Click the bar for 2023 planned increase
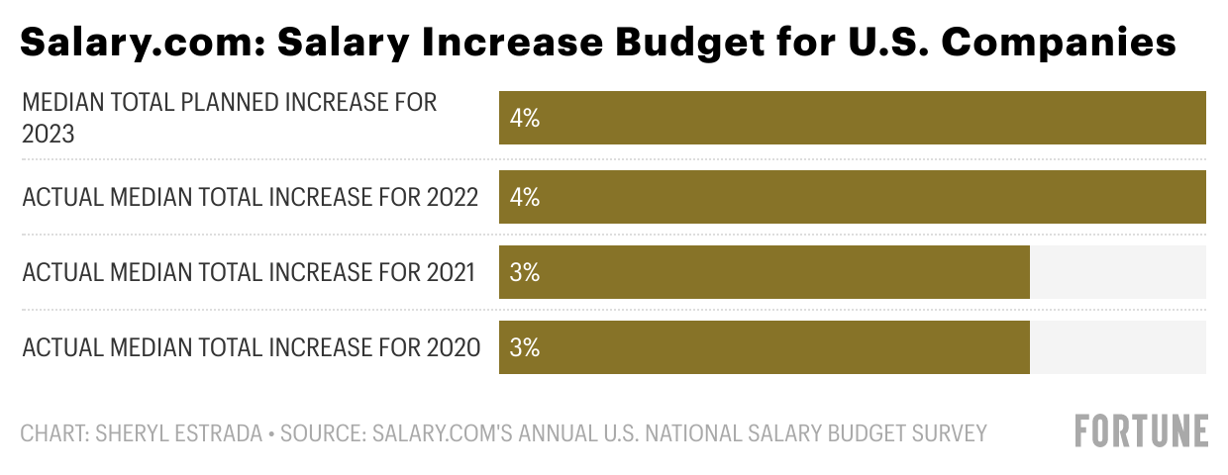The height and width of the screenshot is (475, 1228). coord(852,118)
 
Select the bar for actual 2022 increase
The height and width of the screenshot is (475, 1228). coord(852,197)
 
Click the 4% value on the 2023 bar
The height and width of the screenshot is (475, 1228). coord(524,119)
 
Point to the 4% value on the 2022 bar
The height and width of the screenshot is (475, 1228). coord(524,197)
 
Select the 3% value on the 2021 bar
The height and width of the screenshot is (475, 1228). coord(524,272)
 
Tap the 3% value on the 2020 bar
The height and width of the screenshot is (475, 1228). coord(524,347)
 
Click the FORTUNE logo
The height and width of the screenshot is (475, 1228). coord(1141,431)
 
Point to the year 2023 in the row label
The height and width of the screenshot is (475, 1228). coord(49,134)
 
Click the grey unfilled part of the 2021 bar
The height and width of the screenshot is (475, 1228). coord(1117,272)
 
